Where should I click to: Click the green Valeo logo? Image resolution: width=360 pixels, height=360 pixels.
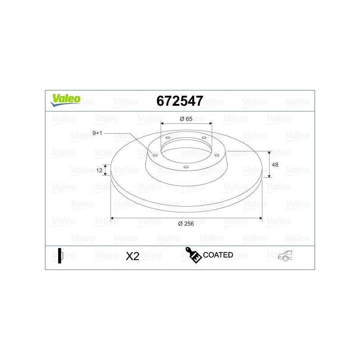tap(66, 100)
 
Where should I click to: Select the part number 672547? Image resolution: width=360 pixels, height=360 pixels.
tap(180, 101)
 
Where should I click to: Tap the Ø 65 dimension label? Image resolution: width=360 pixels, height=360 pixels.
tap(186, 119)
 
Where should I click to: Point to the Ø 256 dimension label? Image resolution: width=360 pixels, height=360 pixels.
tap(186, 224)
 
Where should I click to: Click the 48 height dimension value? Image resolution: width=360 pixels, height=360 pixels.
tap(275, 165)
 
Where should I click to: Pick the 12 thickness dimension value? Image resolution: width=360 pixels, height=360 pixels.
tap(99, 171)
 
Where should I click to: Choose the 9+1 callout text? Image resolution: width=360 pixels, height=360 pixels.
tap(97, 133)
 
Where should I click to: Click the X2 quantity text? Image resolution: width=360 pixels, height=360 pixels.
tap(132, 256)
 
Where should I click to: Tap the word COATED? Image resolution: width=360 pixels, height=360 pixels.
tap(218, 255)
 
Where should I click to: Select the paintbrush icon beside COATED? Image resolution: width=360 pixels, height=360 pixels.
tap(193, 255)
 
